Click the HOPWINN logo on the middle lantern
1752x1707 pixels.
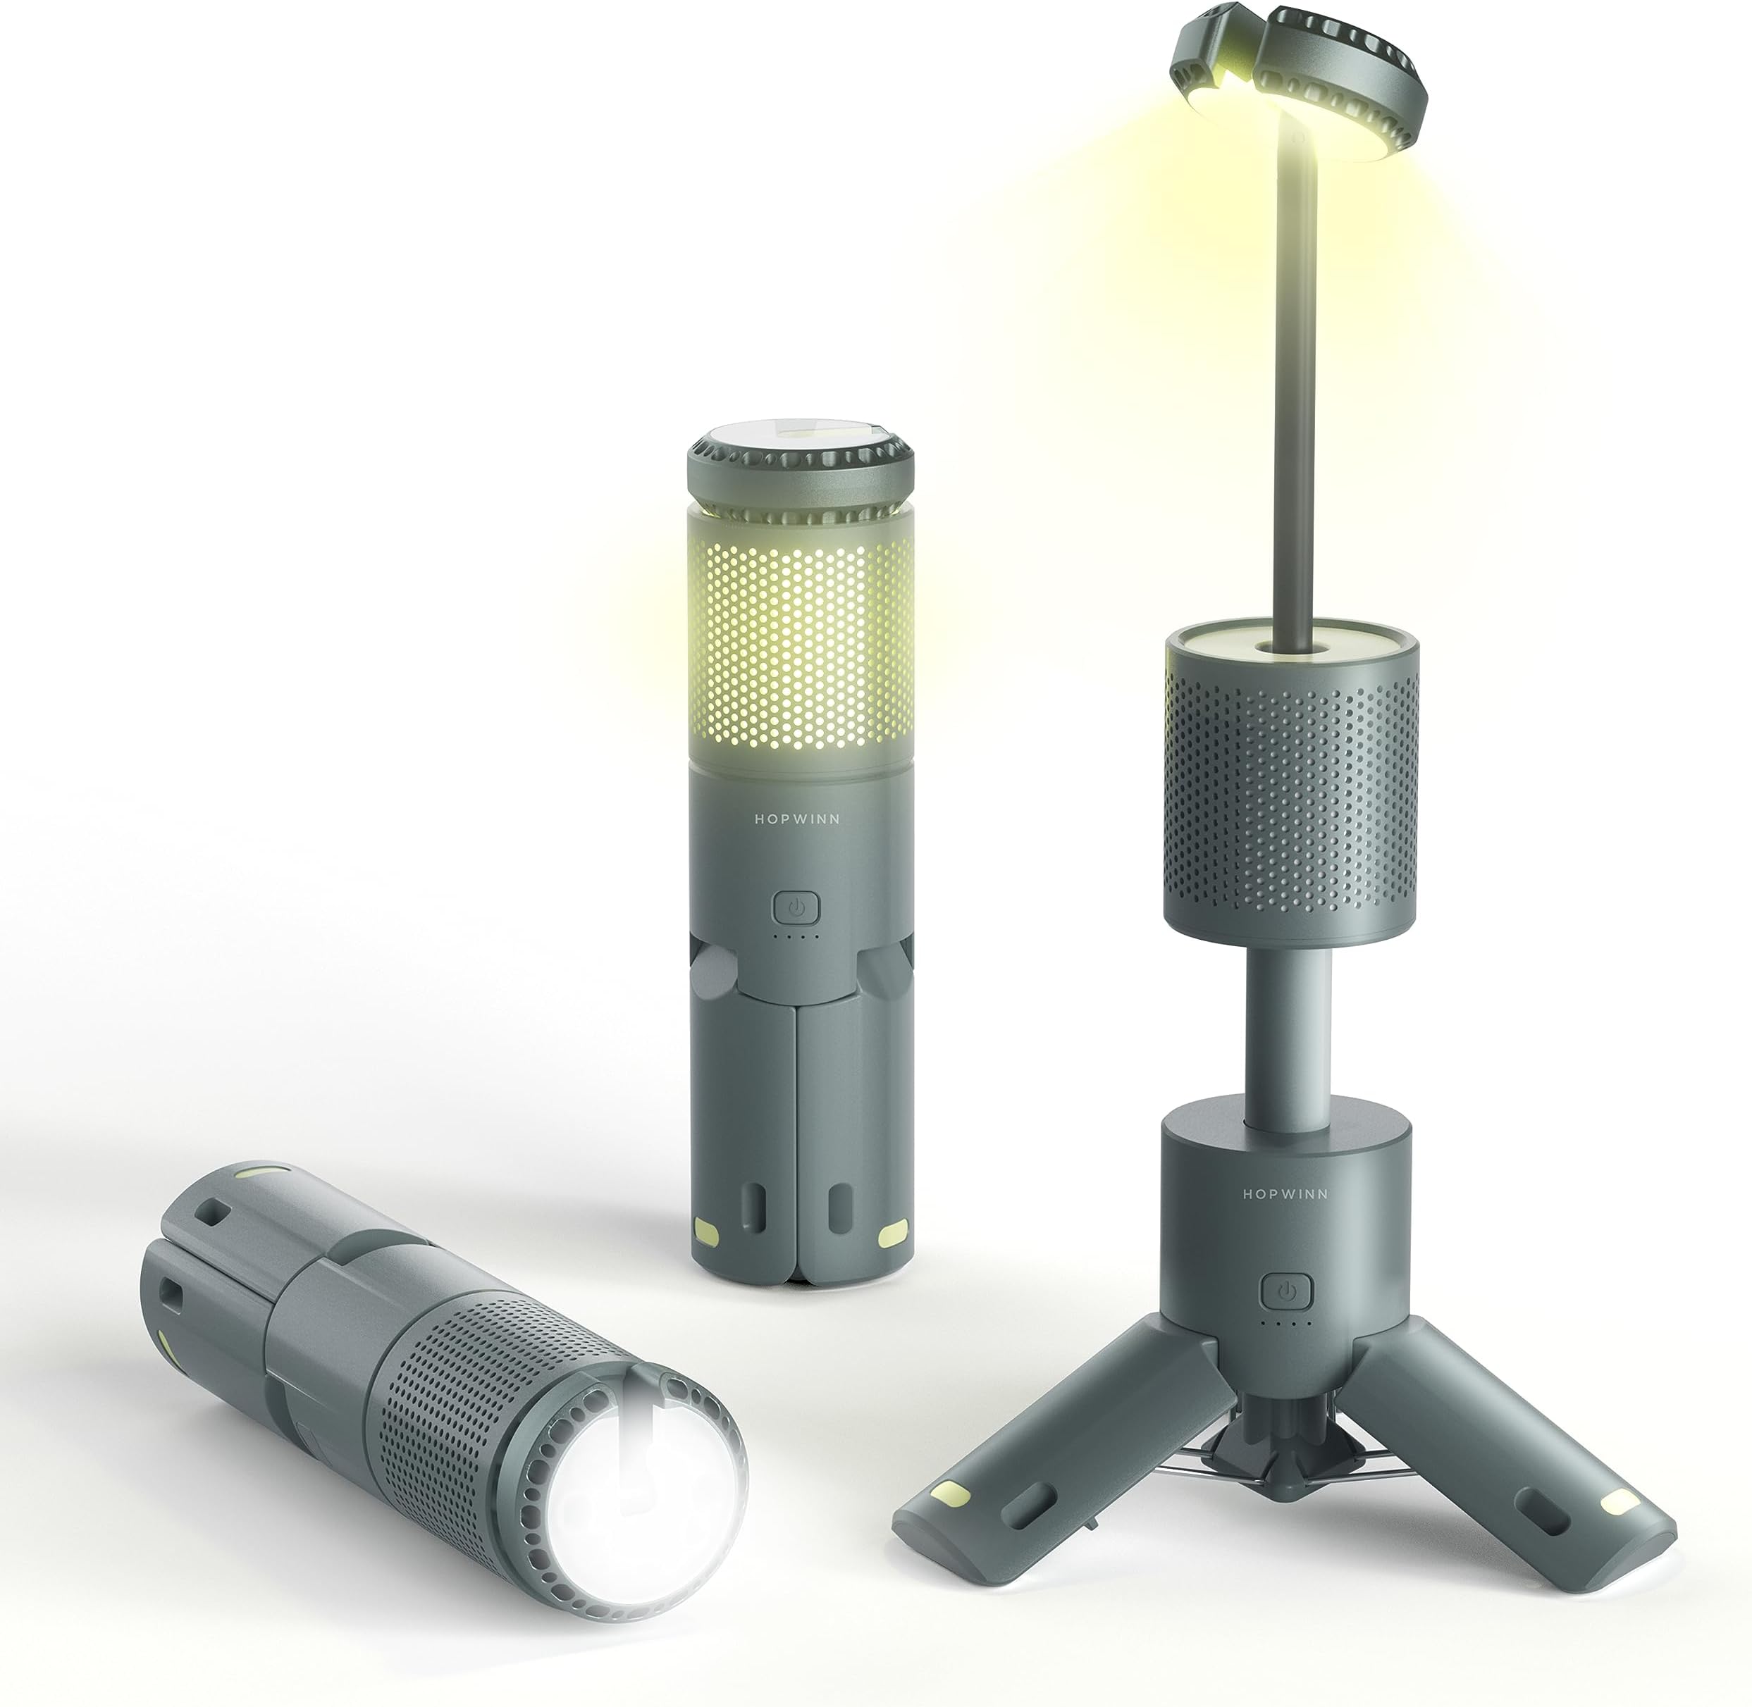pyautogui.click(x=797, y=819)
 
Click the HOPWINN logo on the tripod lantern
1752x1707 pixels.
pyautogui.click(x=1285, y=1194)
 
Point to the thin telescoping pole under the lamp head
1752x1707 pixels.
pyautogui.click(x=1297, y=376)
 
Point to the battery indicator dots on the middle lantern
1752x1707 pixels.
pyautogui.click(x=797, y=937)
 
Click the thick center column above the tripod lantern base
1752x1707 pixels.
pyautogui.click(x=1288, y=1031)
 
